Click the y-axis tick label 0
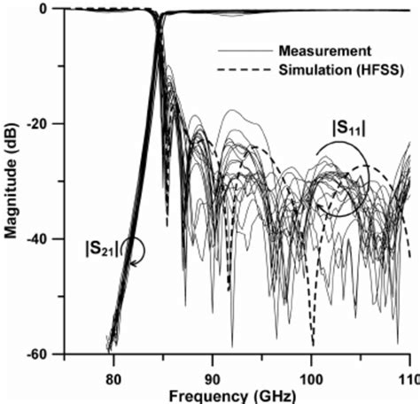[x=52, y=9]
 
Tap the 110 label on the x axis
[x=405, y=371]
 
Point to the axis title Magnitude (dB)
[x=12, y=181]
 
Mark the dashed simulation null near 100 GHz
[x=313, y=344]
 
